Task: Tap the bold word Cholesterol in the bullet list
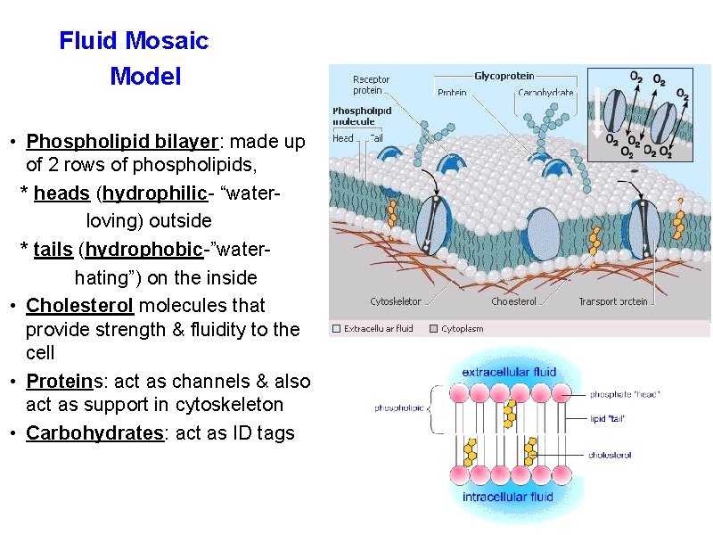point(80,306)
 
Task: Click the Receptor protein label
point(371,85)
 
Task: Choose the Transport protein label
point(612,302)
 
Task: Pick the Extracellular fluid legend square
point(336,328)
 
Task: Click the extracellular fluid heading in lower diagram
point(509,372)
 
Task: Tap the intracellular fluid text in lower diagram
point(508,497)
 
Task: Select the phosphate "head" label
point(625,394)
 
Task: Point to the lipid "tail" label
point(611,418)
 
